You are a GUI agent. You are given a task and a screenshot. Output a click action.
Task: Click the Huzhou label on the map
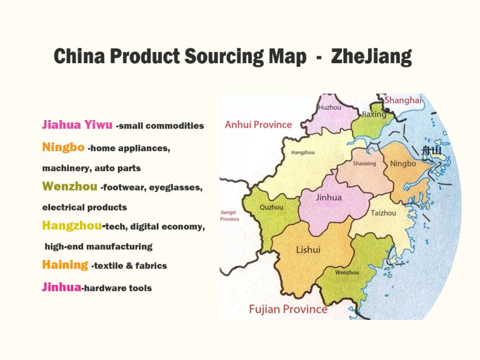coord(330,107)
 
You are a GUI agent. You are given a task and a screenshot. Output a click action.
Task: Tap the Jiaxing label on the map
coord(374,114)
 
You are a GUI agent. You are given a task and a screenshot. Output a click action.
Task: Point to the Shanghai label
coord(402,100)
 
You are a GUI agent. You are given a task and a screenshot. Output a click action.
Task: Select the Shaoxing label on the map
coord(364,164)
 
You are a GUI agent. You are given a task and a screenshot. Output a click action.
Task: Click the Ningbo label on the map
coord(402,164)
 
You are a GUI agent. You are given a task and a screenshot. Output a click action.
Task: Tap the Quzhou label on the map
coord(271,207)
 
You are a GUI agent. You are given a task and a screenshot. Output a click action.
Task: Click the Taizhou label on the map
coord(383,213)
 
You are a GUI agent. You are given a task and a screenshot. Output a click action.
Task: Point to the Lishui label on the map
coord(308,250)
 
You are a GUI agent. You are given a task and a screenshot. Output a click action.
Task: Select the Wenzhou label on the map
coord(347,272)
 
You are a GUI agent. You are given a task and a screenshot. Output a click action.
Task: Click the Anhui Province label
coord(258,124)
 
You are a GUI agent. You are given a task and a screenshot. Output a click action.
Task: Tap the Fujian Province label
coord(287,309)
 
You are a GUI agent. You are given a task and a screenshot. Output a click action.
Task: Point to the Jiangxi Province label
coord(230,216)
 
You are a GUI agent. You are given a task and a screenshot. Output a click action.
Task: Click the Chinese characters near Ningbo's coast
coord(431,150)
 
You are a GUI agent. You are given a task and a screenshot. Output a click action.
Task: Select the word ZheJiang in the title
coord(371,56)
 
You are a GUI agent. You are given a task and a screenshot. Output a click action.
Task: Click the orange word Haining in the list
coord(65,264)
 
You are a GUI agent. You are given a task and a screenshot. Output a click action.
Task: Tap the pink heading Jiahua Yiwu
coord(77,124)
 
